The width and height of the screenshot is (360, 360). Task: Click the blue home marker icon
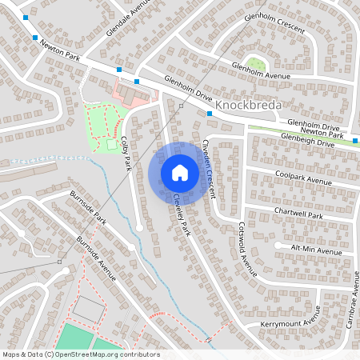[179, 172]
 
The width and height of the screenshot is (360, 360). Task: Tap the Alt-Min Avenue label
[316, 250]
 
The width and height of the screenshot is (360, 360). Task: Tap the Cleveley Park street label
[182, 215]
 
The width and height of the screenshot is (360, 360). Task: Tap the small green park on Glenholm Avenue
[255, 63]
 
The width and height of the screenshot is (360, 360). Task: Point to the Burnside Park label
[87, 206]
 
